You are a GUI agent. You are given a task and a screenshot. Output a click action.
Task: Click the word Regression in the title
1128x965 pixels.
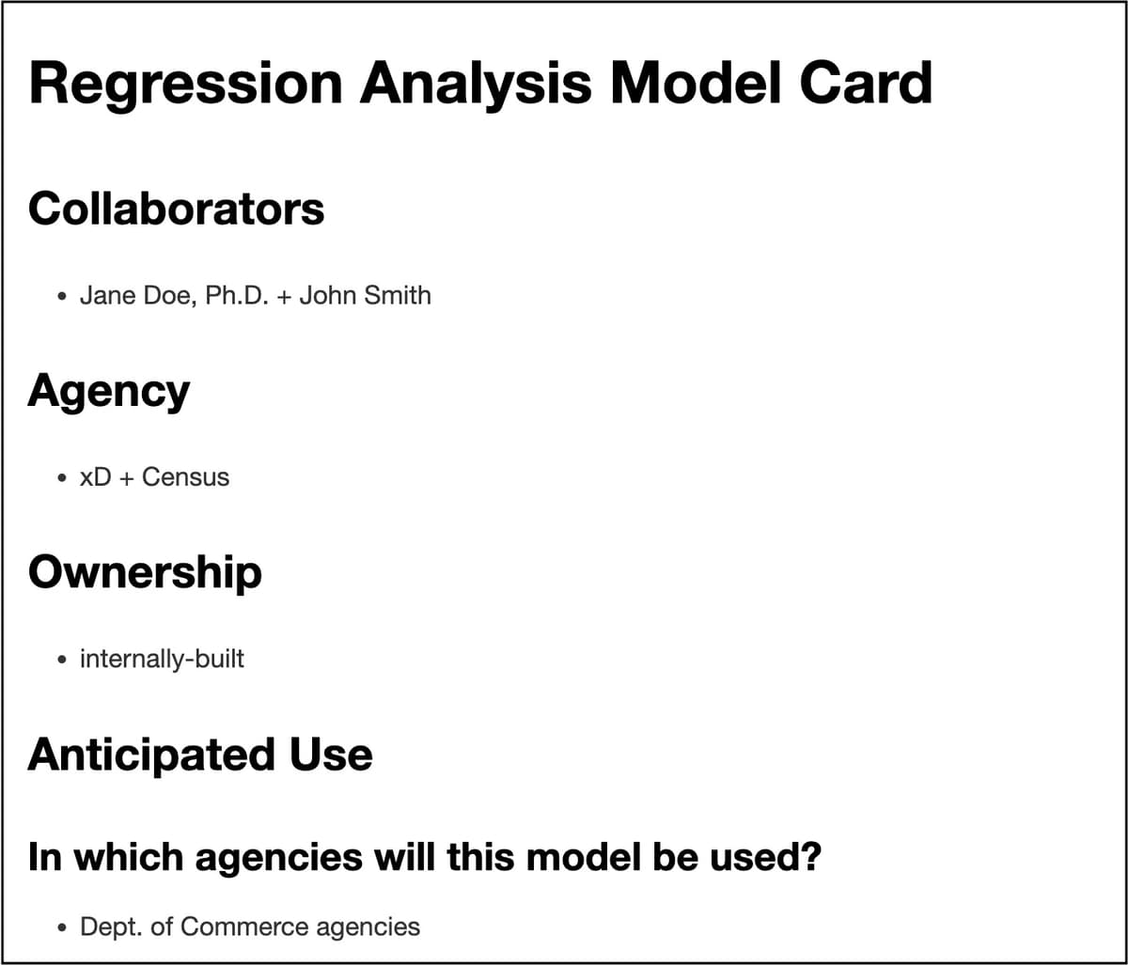185,85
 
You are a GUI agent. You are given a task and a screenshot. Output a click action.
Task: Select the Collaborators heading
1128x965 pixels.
177,209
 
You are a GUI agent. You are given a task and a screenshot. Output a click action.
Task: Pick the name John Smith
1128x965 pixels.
365,296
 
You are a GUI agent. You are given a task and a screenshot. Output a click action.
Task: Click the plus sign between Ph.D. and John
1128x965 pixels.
284,297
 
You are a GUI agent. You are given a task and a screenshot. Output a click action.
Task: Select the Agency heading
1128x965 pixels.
109,391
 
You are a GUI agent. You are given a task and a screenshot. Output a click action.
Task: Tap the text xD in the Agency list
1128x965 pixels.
95,477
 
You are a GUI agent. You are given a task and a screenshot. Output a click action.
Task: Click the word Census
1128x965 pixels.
185,477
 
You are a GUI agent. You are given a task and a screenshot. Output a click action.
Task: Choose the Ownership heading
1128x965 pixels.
145,572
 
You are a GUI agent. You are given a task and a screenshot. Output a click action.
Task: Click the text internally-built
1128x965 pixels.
162,659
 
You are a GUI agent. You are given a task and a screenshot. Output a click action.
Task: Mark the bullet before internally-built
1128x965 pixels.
61,660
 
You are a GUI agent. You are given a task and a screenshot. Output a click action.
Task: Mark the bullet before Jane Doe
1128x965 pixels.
61,297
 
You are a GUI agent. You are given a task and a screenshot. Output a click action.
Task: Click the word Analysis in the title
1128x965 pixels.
476,85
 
